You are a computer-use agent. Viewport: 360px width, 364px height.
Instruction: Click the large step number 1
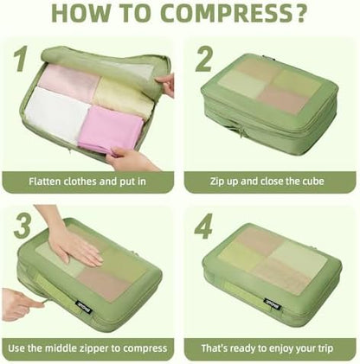22,59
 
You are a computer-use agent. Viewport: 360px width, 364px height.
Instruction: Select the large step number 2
204,59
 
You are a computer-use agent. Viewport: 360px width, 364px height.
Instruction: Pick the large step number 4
203,226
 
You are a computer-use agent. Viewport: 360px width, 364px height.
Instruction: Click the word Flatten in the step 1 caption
44,182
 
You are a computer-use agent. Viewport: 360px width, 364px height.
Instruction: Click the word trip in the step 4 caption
326,348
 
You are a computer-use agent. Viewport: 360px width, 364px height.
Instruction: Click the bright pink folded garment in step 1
111,129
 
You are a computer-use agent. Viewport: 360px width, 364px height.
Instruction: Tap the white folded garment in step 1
55,115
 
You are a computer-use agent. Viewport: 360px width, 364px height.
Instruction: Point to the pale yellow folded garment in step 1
125,98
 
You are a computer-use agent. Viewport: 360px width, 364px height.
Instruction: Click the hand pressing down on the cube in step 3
71,237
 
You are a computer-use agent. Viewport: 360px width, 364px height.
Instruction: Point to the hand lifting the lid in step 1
167,84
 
